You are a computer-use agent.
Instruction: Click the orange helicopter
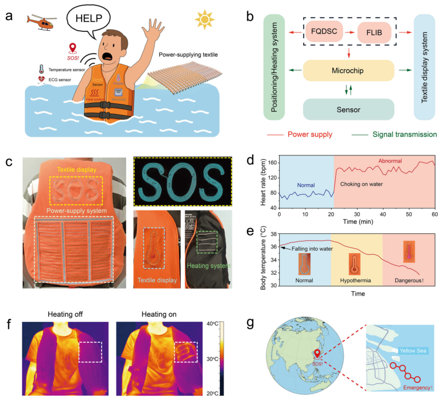tap(43, 23)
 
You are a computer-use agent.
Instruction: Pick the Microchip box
tap(349, 71)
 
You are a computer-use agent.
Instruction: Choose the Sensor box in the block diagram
tap(349, 109)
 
